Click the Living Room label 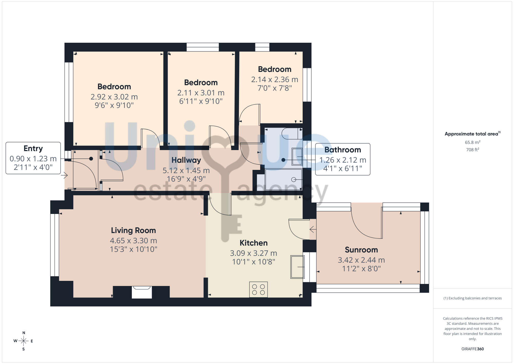[x=133, y=230]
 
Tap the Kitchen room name [x=254, y=243]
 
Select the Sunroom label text [x=361, y=250]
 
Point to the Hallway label [x=186, y=160]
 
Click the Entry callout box [x=33, y=158]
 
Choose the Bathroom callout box [x=343, y=159]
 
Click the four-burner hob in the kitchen [x=258, y=290]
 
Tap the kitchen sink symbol [x=297, y=267]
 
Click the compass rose [x=23, y=341]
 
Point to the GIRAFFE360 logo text [x=473, y=349]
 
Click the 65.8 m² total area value [x=473, y=142]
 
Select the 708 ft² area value [x=473, y=150]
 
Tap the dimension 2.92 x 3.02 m [x=114, y=97]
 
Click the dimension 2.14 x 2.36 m [x=275, y=80]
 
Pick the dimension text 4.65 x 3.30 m [x=133, y=241]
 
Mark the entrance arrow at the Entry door [x=64, y=176]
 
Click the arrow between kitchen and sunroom [x=313, y=229]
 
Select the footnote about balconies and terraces [x=473, y=298]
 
